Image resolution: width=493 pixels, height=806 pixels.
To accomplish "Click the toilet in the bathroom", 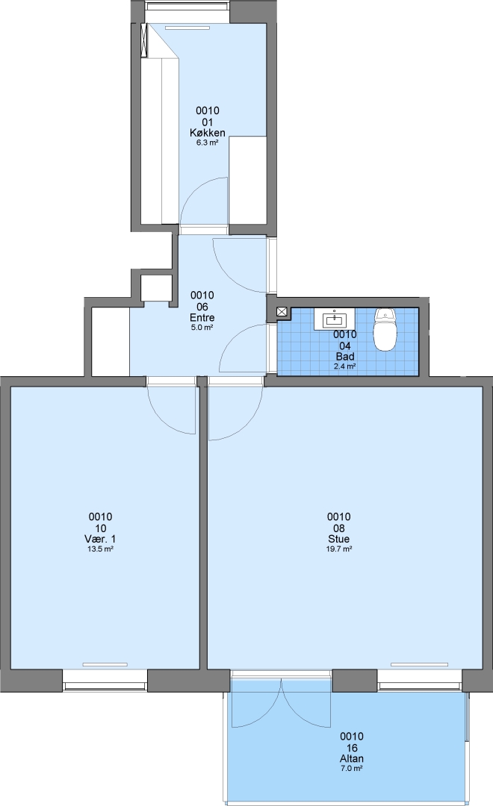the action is click(385, 329).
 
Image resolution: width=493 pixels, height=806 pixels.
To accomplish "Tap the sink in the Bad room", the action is click(335, 319).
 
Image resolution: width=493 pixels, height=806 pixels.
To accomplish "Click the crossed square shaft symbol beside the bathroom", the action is click(282, 311).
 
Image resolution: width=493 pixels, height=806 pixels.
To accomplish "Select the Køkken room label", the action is click(208, 133).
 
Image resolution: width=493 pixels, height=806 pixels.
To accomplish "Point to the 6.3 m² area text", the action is click(208, 143).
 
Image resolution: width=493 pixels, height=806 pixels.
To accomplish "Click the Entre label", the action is click(202, 317).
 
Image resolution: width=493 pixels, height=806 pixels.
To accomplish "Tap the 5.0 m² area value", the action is click(202, 328).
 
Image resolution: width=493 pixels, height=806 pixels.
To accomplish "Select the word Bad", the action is click(345, 356).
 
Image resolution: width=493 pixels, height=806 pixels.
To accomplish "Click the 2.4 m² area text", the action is click(345, 366).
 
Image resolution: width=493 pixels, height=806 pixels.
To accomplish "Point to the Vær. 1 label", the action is click(100, 539).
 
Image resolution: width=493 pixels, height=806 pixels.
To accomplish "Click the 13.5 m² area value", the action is click(100, 549).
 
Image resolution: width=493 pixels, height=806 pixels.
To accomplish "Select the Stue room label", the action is click(338, 539).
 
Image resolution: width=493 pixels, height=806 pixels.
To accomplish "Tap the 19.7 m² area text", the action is click(338, 549).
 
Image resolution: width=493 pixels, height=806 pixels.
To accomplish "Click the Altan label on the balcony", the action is click(352, 758).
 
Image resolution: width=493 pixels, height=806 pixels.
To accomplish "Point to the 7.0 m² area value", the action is click(352, 769).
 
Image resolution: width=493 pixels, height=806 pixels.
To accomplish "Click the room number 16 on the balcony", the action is click(352, 747).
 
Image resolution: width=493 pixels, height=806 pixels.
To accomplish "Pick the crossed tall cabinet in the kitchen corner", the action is click(146, 40).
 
